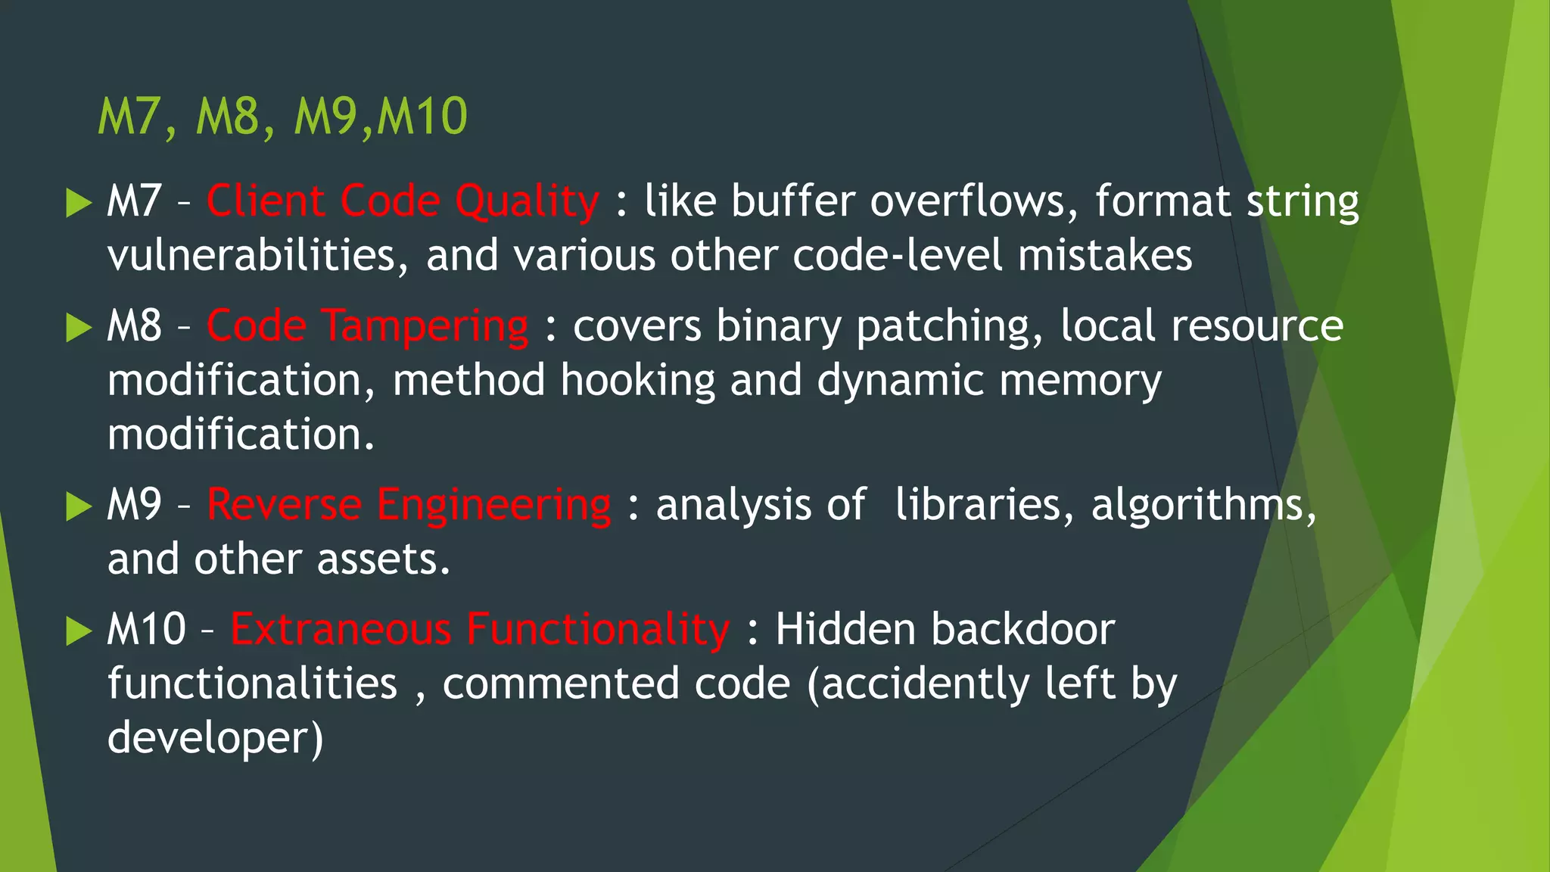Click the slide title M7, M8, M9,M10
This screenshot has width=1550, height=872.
click(x=282, y=117)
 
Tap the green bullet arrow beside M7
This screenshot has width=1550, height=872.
click(x=78, y=203)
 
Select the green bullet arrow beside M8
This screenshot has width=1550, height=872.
click(x=78, y=328)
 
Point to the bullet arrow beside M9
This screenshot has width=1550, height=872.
click(x=78, y=506)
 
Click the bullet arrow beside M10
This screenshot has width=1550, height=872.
click(x=78, y=631)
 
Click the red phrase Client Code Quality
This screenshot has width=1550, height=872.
click(x=403, y=201)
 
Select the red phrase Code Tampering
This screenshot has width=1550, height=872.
click(x=367, y=326)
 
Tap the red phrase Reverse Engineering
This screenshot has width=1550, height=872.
click(x=409, y=505)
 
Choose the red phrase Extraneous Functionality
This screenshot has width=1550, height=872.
click(x=480, y=629)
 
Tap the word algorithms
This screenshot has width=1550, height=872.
click(x=1203, y=505)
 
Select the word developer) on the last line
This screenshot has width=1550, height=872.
click(x=215, y=738)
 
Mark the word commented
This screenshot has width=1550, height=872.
click(x=561, y=684)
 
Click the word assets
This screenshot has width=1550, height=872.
click(x=384, y=559)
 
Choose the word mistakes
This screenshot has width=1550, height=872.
click(x=1104, y=256)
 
